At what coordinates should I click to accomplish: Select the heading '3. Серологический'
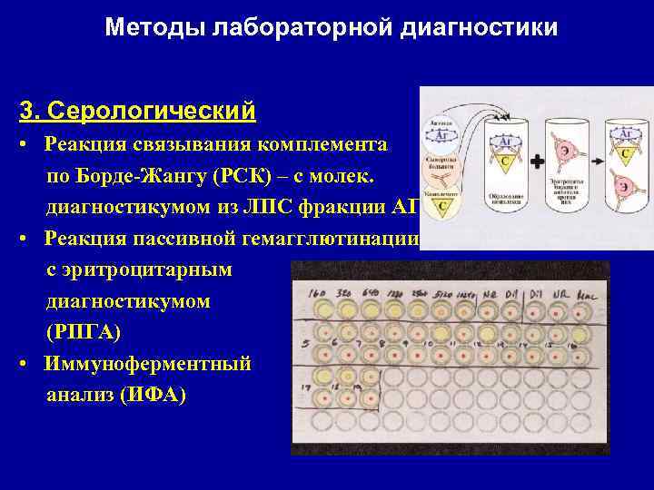(x=137, y=111)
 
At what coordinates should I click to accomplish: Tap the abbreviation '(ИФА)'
(x=153, y=395)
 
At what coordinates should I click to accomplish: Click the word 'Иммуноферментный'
(x=148, y=364)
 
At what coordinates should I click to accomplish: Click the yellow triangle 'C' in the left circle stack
(x=444, y=206)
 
